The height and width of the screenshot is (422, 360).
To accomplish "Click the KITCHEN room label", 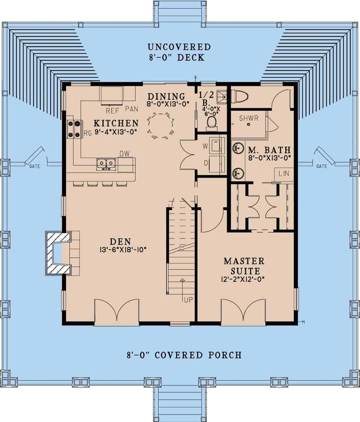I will tap(116, 123).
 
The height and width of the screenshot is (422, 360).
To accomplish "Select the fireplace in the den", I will tap(58, 253).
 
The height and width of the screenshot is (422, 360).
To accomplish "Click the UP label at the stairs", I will tap(188, 300).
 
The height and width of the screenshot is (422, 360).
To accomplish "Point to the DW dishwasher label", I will tap(124, 154).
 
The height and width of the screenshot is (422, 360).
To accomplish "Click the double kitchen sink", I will tap(106, 165).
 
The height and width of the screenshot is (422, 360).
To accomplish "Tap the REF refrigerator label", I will tap(113, 108).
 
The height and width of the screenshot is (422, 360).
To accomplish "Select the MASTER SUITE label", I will tap(244, 265).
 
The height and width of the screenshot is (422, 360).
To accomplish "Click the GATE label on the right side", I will tap(321, 166).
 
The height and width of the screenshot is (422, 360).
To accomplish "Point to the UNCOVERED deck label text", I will tap(179, 47).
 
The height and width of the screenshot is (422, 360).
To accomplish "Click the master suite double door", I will tap(243, 311).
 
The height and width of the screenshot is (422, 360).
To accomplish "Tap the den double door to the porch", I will tap(117, 311).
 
